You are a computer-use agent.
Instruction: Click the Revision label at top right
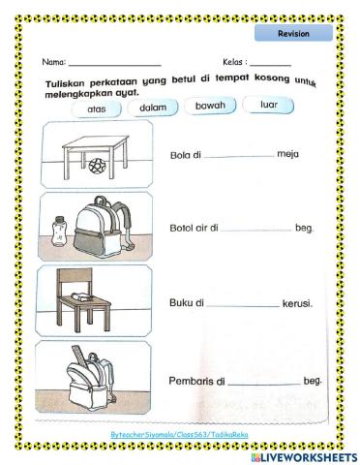tap(293, 33)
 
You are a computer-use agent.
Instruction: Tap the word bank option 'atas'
tap(96, 109)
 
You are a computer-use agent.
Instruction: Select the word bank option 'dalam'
tap(153, 108)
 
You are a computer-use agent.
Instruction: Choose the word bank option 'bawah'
tap(210, 105)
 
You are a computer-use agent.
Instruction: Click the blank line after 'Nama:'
tap(114, 64)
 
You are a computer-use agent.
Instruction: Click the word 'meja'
tap(287, 153)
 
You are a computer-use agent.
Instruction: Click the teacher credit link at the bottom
tap(179, 436)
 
